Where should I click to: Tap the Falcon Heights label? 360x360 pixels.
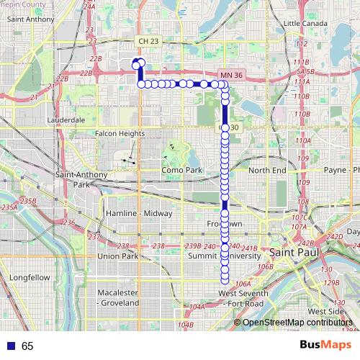120,132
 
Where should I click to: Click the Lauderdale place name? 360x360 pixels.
66,120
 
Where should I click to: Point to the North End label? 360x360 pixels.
267,170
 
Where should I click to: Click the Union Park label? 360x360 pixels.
117,256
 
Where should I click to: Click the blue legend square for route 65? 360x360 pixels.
9,346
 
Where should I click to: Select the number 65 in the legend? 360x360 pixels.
27,346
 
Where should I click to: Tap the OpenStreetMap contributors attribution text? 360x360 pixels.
297,322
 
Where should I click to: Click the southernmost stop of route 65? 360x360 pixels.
225,280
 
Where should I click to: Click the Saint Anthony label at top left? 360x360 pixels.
26,19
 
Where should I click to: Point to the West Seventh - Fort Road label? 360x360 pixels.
243,298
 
